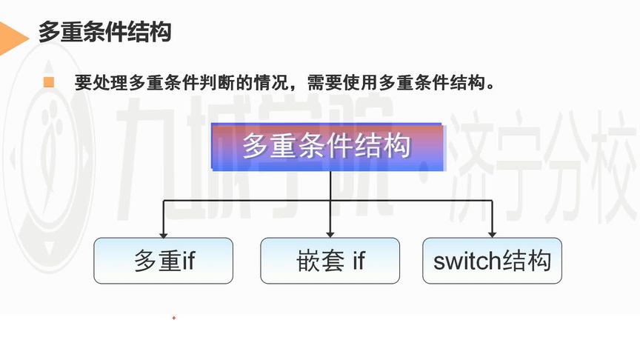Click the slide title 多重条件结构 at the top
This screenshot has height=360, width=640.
[104, 33]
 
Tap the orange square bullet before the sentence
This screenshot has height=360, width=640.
[49, 82]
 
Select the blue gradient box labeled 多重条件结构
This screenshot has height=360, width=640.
[329, 146]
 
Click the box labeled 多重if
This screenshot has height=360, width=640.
[164, 261]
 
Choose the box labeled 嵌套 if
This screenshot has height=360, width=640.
[330, 261]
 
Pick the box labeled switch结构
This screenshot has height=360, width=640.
[492, 261]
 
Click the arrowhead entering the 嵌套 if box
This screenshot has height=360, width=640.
[330, 233]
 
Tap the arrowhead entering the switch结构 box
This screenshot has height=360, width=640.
[492, 233]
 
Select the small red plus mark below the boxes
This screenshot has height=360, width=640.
[174, 318]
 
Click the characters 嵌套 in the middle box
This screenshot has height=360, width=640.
[314, 261]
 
